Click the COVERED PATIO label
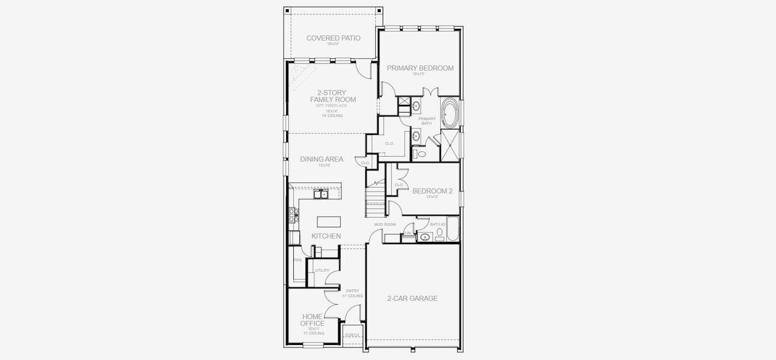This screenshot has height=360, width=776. [x=333, y=38]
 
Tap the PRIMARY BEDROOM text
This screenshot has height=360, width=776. [x=420, y=68]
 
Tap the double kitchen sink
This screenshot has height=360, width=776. [x=320, y=194]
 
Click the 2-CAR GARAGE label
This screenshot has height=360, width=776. [x=412, y=298]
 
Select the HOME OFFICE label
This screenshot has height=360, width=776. [x=312, y=320]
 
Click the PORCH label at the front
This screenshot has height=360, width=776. [x=353, y=335]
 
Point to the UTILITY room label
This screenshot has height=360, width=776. [x=322, y=271]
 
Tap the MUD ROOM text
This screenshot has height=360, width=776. [x=385, y=224]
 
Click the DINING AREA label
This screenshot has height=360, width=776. [x=321, y=159]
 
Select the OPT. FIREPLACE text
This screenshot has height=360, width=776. [x=332, y=106]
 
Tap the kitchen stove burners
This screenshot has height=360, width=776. [x=293, y=215]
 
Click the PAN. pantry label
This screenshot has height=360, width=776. [x=298, y=260]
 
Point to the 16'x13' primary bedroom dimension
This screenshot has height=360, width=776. [x=419, y=74]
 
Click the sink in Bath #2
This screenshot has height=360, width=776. [x=425, y=238]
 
